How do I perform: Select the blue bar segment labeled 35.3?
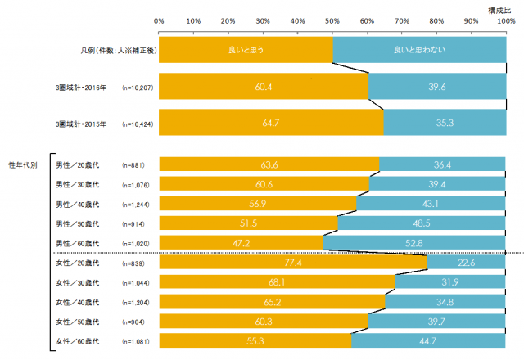coord(445,124)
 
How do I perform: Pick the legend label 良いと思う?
coord(245,50)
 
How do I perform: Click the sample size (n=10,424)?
coord(138,124)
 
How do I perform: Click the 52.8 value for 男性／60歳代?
coord(414,243)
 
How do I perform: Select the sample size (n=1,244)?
coord(137,204)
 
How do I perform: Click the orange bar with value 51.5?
coord(248,223)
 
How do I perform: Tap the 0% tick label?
coord(159,20)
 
